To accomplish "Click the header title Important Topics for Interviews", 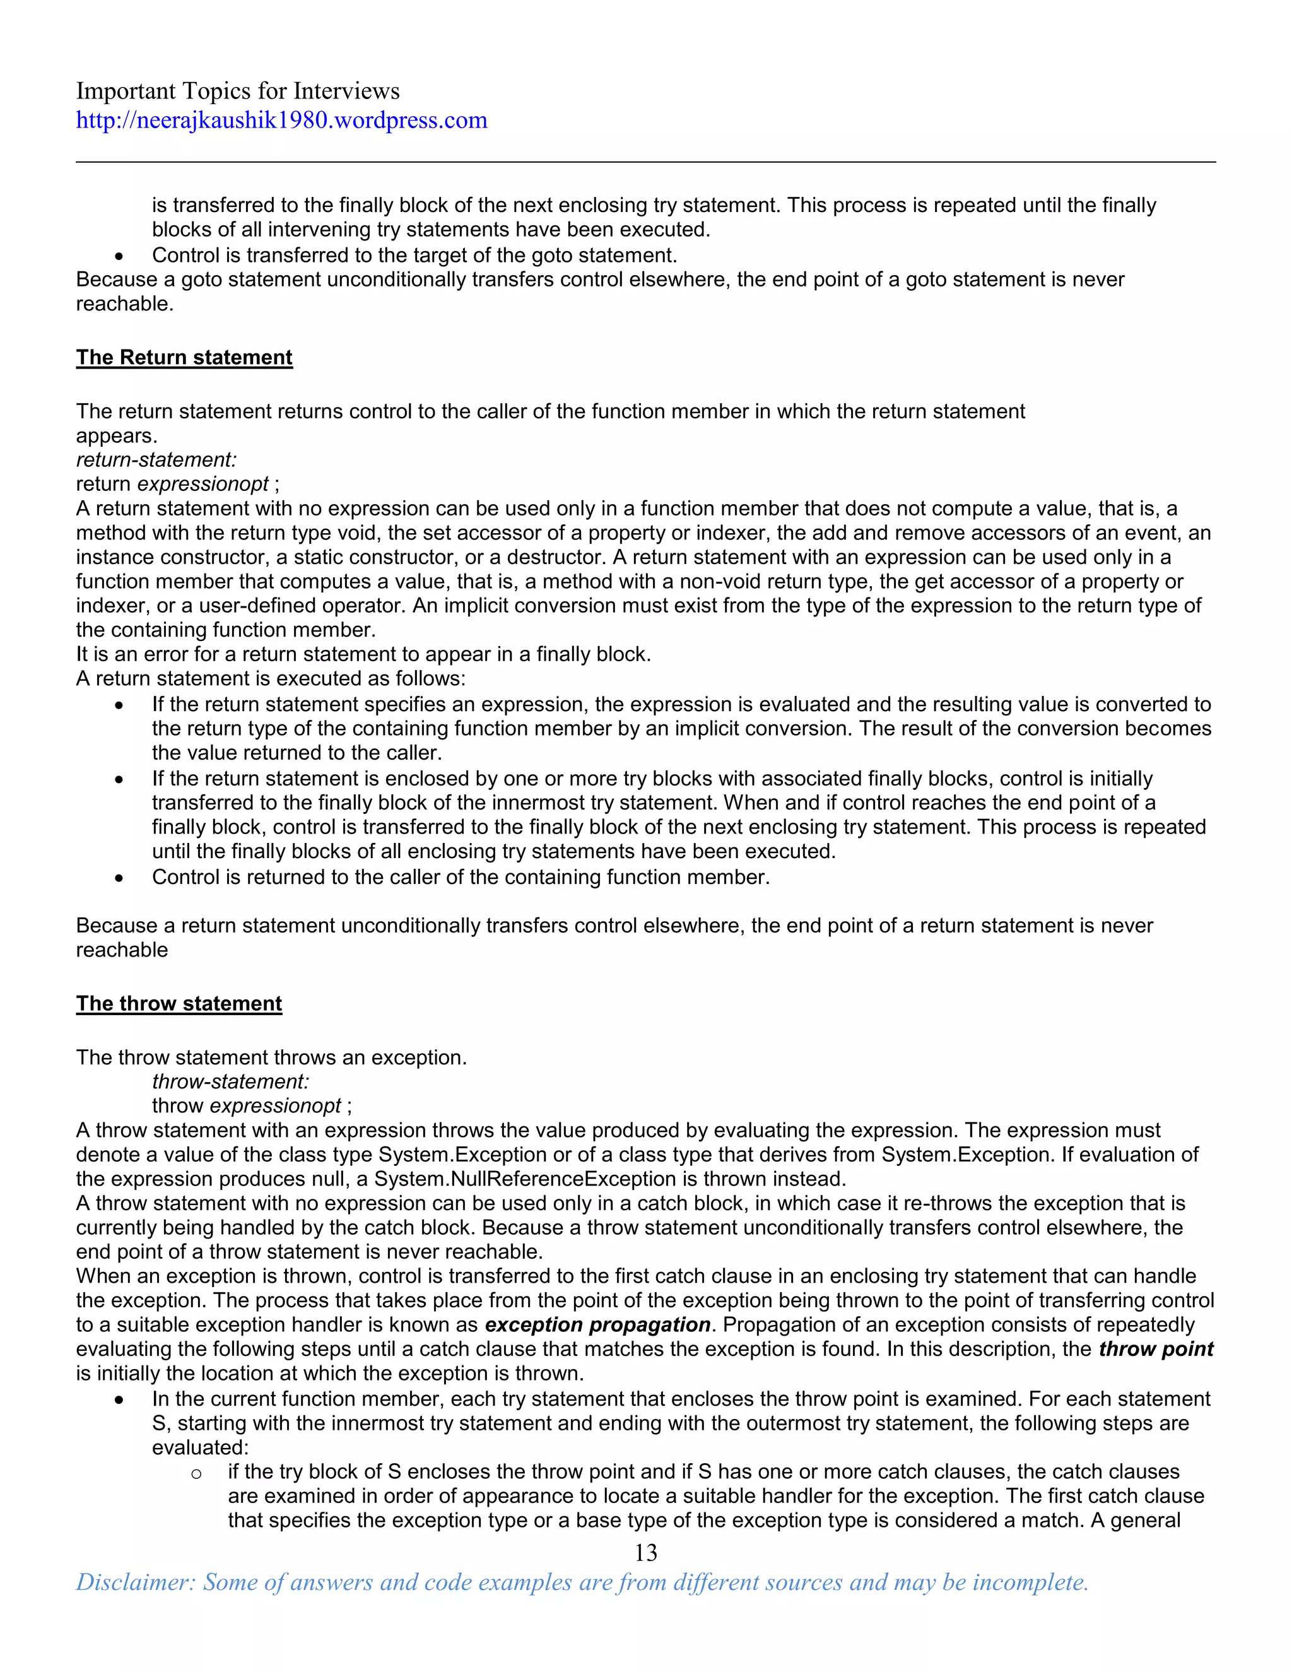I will [x=237, y=91].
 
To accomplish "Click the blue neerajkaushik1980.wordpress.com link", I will [x=281, y=120].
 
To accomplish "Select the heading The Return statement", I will [x=184, y=358].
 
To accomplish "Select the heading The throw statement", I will [x=179, y=1004].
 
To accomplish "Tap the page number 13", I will [x=645, y=1553].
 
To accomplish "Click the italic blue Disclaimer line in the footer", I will [x=582, y=1582].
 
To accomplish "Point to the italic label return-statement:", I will [x=156, y=460].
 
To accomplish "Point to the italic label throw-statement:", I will [x=230, y=1081].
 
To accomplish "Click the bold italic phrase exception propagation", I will [x=598, y=1325].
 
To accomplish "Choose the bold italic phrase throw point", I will [x=1156, y=1350].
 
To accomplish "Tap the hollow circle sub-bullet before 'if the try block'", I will [x=196, y=1474].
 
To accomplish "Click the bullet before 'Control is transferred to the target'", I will [x=119, y=256].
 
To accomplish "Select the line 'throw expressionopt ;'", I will [x=252, y=1106].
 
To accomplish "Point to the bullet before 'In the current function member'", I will [x=119, y=1401].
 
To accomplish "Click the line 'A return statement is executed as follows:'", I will [x=270, y=679].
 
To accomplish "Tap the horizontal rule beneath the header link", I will [x=645, y=162].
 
